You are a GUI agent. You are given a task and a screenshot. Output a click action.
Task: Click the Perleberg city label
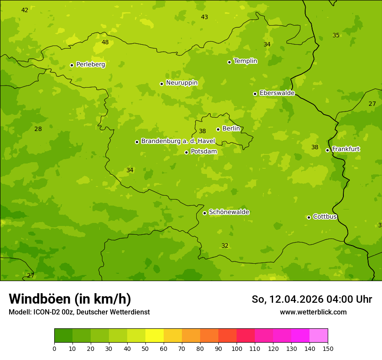90,65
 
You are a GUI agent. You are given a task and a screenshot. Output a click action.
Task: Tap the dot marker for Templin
229,62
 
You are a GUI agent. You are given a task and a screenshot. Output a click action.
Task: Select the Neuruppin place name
181,83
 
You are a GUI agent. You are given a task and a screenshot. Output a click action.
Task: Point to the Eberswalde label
277,93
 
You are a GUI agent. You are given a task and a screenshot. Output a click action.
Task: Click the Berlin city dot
218,129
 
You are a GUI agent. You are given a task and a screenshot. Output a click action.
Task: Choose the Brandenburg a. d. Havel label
178,141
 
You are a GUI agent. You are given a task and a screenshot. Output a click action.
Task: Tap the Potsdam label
204,152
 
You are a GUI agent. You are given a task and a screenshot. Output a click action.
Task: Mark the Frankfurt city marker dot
327,150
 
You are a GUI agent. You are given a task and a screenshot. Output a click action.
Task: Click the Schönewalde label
229,212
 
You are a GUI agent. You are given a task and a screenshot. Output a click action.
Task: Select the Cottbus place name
325,217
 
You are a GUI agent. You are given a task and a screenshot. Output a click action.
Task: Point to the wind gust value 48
105,43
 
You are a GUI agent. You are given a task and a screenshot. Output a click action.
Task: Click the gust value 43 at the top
204,17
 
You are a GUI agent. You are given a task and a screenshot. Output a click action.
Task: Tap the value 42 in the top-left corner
25,10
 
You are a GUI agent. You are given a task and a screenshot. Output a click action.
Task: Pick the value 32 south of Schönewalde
225,246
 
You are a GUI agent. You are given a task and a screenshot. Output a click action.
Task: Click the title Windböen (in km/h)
70,299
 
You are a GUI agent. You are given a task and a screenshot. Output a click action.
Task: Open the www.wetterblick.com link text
313,312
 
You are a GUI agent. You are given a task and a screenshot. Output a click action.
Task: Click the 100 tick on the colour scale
237,348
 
